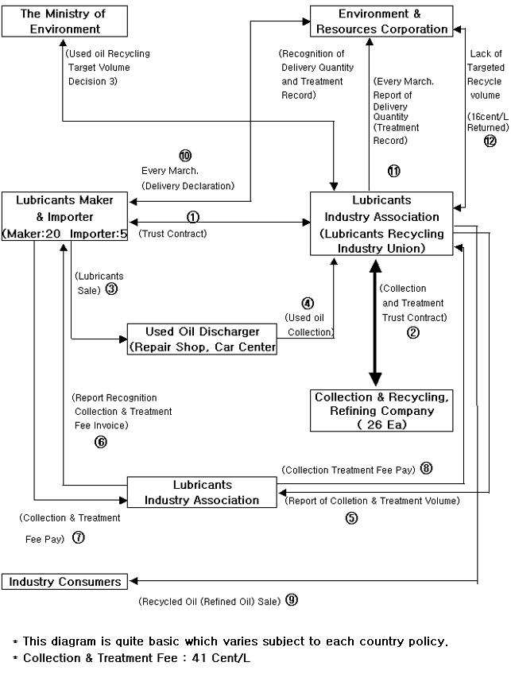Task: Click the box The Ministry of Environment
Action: (x=62, y=21)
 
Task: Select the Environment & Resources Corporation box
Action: (x=381, y=21)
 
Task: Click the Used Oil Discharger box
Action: (x=203, y=338)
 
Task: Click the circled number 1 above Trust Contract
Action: (x=192, y=216)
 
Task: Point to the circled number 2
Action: (x=412, y=333)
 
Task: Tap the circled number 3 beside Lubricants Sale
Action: (x=111, y=289)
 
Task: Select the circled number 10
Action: (x=186, y=156)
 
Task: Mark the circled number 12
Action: (x=490, y=141)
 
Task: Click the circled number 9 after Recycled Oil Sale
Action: (x=292, y=601)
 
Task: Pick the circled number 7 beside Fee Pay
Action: (x=79, y=536)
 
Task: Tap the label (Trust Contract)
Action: (x=172, y=234)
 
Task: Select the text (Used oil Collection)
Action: (x=308, y=325)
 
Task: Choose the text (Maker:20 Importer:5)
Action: (x=62, y=234)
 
